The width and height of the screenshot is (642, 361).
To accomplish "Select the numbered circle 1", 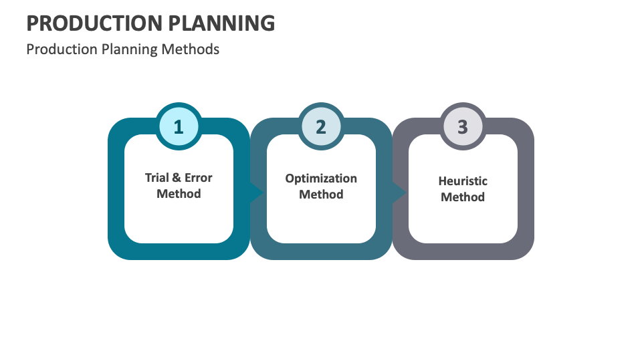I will click(179, 127).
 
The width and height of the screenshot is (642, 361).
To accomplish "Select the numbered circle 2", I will click(321, 127).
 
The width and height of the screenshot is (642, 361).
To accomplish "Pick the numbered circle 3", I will click(463, 127).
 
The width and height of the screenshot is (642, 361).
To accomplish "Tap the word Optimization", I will click(321, 178).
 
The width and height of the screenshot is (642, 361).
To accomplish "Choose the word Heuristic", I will click(463, 181).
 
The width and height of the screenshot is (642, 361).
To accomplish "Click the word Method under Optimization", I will click(321, 195).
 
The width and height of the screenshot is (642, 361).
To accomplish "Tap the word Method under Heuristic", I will click(463, 197).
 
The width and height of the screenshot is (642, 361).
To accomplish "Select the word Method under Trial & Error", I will click(179, 194).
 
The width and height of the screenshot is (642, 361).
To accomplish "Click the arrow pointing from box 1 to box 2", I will click(257, 191).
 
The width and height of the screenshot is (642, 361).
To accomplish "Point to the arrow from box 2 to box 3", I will click(399, 191).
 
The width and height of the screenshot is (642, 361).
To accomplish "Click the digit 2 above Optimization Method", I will click(321, 127).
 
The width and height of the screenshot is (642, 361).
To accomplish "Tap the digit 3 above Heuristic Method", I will click(463, 127).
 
